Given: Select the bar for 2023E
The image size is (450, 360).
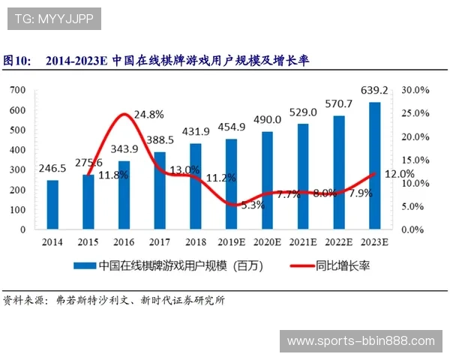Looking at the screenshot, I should pos(374,165).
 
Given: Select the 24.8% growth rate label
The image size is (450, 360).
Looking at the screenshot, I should pos(148,115).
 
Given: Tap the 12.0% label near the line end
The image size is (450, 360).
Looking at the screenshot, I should pos(399,173).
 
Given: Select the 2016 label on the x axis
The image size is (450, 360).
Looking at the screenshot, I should pos(124,241).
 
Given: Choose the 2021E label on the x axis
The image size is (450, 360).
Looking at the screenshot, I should pos(302,241).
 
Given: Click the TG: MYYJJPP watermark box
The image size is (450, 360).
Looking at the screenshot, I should pos(54,19).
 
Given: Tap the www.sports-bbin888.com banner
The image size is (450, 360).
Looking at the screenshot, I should pos(361,341).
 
